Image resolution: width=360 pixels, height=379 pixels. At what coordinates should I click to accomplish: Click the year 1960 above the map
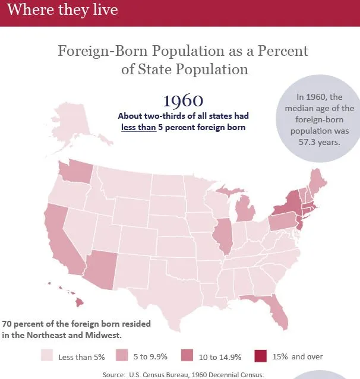[x=183, y=99]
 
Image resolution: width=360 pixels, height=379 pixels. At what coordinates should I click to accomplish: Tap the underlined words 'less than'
[x=138, y=127]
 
